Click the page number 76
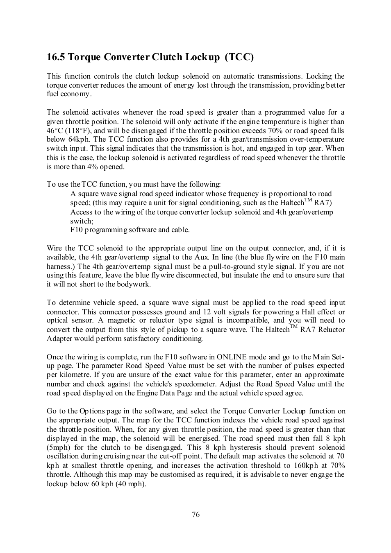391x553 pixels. (x=195, y=515)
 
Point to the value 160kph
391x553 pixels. (x=306, y=465)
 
